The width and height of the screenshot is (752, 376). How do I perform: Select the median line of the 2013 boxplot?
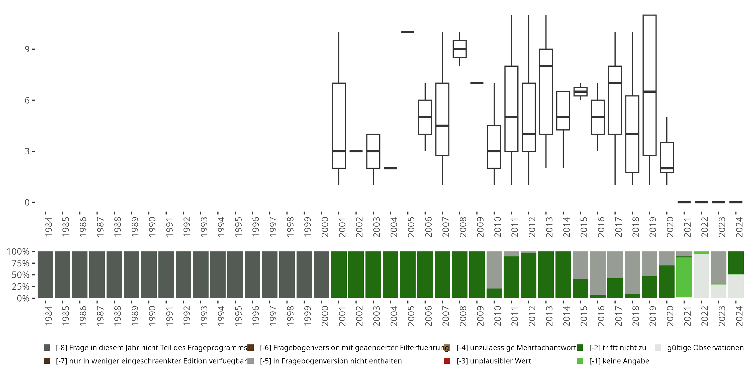pyautogui.click(x=546, y=66)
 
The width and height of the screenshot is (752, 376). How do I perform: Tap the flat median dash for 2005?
pyautogui.click(x=408, y=32)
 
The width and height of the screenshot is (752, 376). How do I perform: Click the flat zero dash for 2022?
pyautogui.click(x=701, y=202)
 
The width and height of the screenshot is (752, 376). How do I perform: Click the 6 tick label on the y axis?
pyautogui.click(x=27, y=100)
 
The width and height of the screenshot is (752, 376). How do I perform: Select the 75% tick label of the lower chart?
pyautogui.click(x=18, y=263)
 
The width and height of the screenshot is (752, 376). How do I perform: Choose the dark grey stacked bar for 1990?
pyautogui.click(x=149, y=275)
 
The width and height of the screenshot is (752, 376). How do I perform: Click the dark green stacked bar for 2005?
pyautogui.click(x=408, y=275)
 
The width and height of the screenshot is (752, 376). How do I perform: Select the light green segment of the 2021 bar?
pyautogui.click(x=684, y=277)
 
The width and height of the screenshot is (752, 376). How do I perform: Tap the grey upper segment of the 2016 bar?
pyautogui.click(x=598, y=271)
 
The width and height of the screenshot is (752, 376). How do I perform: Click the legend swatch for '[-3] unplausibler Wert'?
pyautogui.click(x=447, y=361)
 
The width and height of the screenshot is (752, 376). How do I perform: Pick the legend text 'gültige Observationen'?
pyautogui.click(x=705, y=348)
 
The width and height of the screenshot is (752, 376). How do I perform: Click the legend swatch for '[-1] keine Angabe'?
pyautogui.click(x=580, y=361)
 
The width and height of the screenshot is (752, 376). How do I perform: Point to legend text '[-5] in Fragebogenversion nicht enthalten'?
pyautogui.click(x=331, y=361)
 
